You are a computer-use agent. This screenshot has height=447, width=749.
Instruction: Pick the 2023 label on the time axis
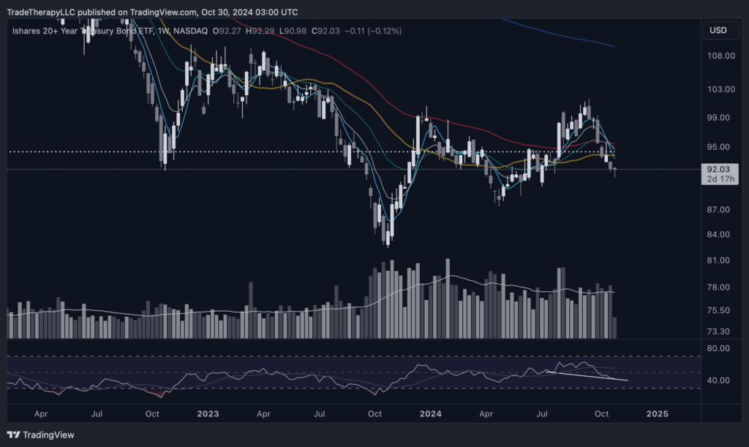click(x=208, y=413)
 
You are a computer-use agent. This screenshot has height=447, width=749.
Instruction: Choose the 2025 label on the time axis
click(x=657, y=413)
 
